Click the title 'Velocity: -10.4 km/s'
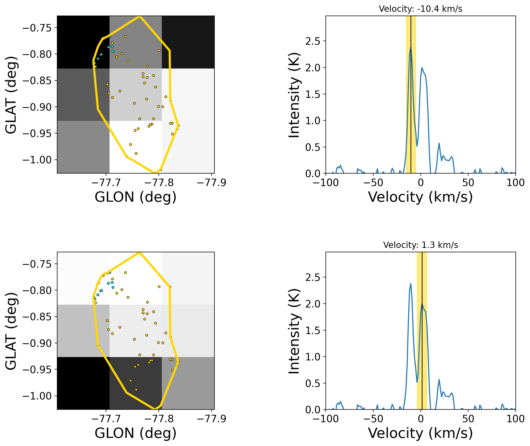420,9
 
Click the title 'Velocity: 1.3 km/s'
420,245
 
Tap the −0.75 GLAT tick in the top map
37,28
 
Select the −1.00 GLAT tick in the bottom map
37,396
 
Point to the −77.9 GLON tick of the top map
212,183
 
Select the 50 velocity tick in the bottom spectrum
468,419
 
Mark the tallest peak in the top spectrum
411,47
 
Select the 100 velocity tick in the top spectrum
515,183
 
